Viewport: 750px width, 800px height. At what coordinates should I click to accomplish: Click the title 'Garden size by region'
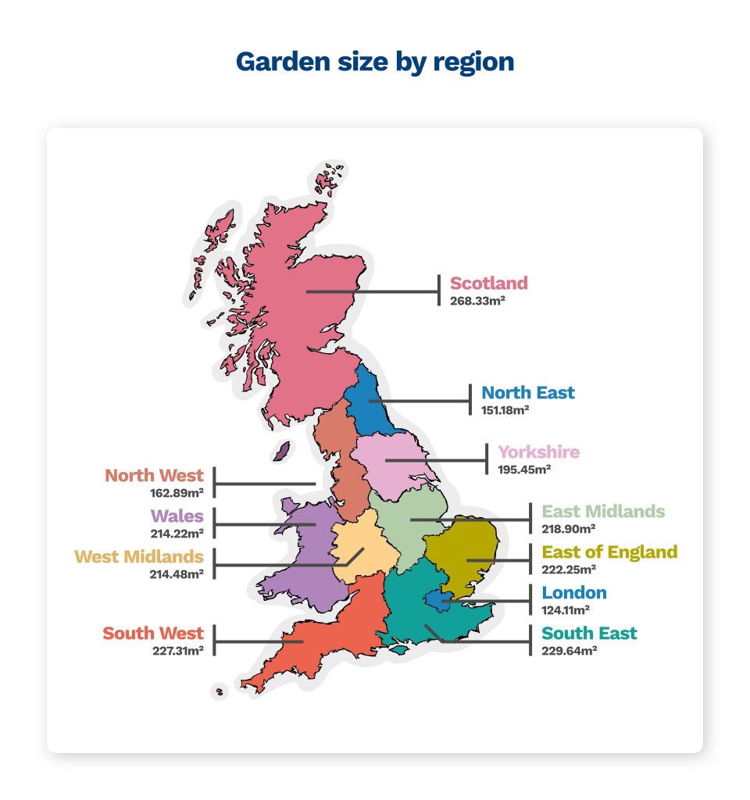click(x=375, y=62)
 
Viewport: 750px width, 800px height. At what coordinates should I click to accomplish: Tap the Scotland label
click(x=489, y=283)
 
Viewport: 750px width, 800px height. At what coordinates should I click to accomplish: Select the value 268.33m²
click(x=477, y=299)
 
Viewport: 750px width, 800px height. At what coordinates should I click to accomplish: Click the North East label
click(x=528, y=392)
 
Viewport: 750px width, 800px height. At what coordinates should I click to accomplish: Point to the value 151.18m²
click(x=505, y=409)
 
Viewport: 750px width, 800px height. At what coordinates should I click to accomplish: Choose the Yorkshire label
click(x=539, y=452)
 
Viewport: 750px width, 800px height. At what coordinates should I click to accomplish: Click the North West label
click(x=155, y=475)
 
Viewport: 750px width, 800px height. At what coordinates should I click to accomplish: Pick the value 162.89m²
click(x=177, y=493)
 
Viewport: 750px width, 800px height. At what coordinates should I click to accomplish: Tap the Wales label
click(x=177, y=516)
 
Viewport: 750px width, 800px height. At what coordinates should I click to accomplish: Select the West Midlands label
click(x=139, y=556)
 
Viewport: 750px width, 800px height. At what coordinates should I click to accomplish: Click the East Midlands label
click(x=604, y=512)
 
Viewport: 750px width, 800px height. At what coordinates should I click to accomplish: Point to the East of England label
click(x=610, y=552)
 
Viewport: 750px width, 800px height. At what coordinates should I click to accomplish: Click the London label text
click(x=574, y=592)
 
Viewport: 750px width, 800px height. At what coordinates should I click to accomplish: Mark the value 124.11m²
click(x=566, y=609)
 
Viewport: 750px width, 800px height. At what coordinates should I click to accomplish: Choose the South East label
click(x=590, y=633)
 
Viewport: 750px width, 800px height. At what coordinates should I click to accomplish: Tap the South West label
click(x=153, y=633)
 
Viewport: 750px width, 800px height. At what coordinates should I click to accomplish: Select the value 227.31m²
click(x=178, y=649)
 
